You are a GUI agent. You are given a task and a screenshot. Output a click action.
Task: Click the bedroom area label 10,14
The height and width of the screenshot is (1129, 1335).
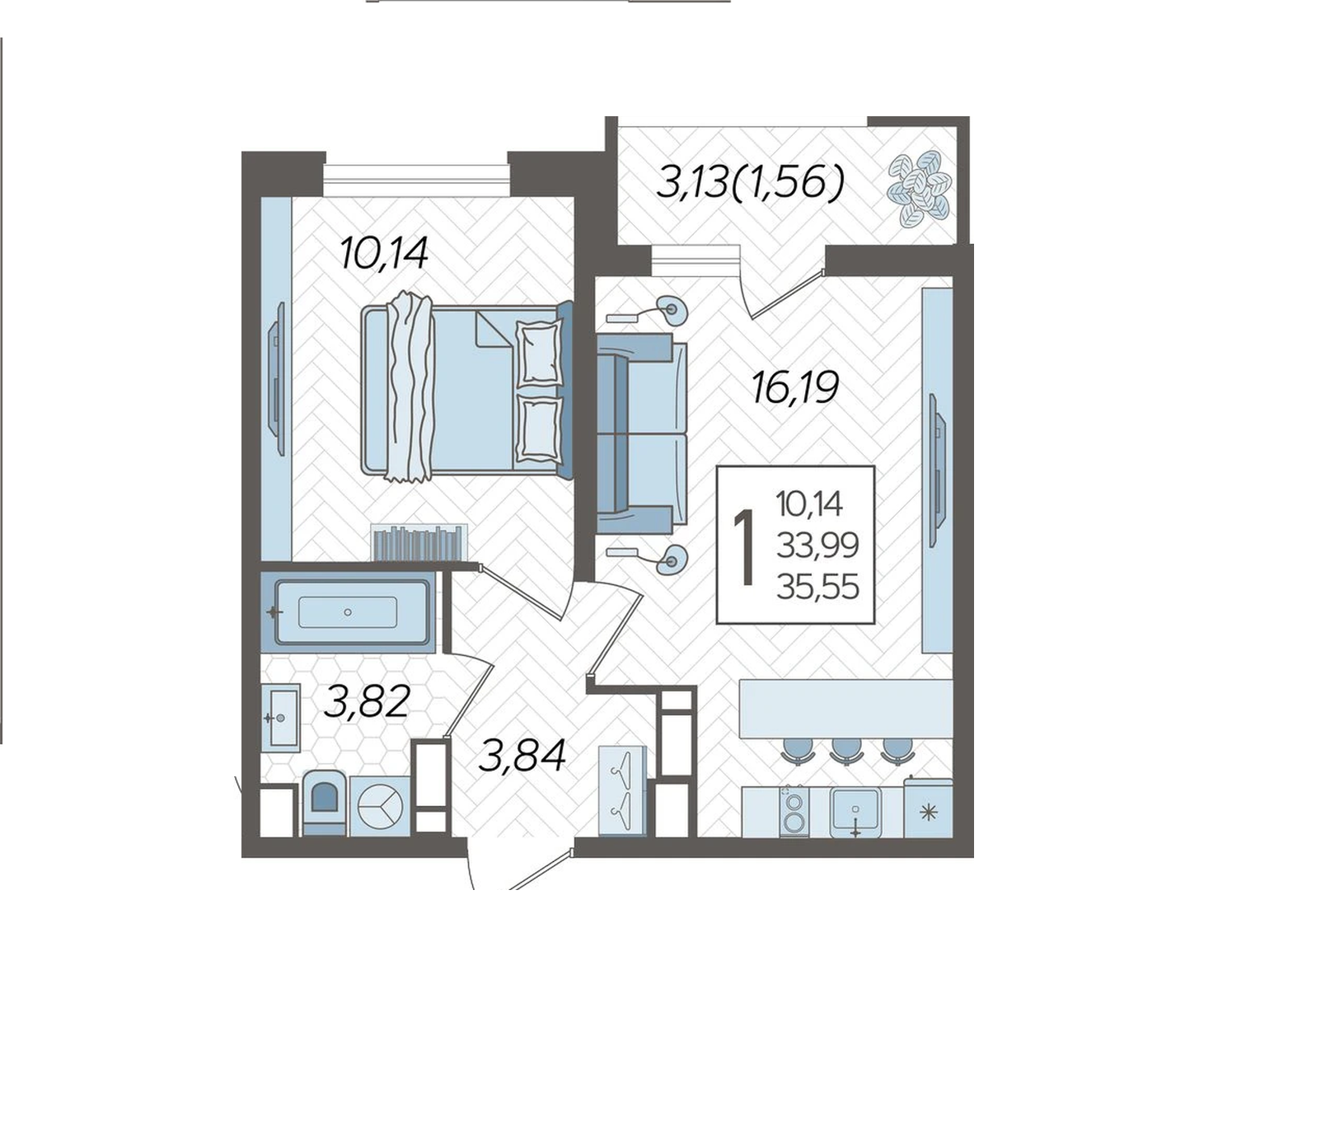point(384,253)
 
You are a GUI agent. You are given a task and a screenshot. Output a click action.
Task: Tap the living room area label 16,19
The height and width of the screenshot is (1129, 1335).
point(794,387)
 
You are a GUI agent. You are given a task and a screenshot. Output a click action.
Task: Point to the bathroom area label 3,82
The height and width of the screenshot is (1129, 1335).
point(368,702)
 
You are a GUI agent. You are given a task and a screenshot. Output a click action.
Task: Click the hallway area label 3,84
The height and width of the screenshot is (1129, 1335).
point(522,755)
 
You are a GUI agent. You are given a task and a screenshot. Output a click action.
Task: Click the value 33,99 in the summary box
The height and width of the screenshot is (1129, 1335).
point(817,545)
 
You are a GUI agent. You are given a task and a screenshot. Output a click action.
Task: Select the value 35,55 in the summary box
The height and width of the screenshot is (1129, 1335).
point(817,587)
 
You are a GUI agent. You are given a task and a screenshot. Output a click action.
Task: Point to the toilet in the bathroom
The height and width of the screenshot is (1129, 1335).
point(325,803)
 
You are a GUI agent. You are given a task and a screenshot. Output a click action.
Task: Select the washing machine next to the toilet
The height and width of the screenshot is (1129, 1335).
point(380,805)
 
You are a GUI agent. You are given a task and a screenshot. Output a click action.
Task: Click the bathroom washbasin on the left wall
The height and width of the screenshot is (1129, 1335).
point(280,718)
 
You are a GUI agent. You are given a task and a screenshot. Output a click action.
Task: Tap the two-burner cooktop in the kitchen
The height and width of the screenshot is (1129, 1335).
point(794,811)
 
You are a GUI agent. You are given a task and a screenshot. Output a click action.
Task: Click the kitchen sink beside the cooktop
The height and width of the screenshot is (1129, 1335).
point(856,812)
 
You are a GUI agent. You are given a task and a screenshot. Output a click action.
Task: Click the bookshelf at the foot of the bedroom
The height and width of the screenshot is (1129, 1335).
point(419,542)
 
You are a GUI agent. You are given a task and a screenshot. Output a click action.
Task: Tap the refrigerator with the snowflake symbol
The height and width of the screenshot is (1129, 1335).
point(929,808)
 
